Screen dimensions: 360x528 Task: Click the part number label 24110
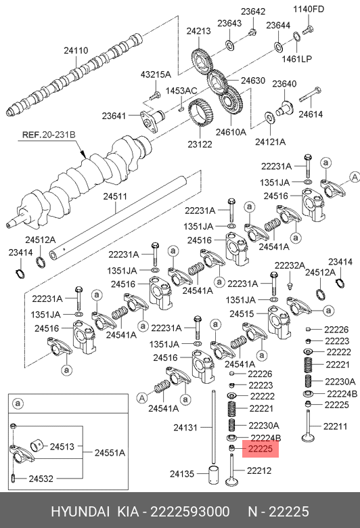76,51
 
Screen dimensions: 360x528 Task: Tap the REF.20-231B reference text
49,135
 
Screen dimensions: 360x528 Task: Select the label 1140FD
309,9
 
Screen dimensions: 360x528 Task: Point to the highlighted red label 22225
261,449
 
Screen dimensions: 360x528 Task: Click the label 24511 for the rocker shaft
115,196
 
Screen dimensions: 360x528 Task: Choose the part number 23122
200,144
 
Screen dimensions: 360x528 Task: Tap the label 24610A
231,132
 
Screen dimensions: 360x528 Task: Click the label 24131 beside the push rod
185,428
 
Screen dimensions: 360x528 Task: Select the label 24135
182,474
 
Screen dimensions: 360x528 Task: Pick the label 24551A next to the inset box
110,453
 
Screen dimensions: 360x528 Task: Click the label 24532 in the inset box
41,479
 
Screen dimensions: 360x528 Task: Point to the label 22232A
290,265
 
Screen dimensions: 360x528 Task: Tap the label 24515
242,314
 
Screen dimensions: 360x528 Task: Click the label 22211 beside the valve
336,426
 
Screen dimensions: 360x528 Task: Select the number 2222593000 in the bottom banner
190,512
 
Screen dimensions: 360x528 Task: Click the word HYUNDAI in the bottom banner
80,512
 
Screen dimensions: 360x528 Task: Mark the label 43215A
156,74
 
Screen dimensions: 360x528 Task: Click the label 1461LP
297,59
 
